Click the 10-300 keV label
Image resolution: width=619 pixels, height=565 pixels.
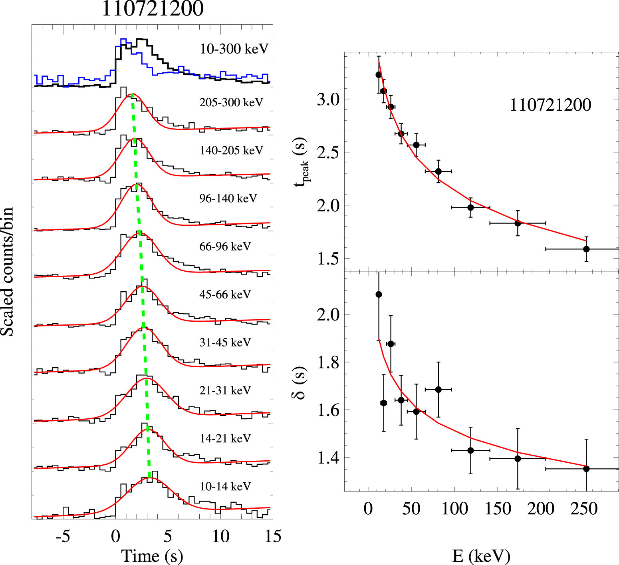[x=234, y=49]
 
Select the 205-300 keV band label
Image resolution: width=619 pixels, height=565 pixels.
[x=231, y=103]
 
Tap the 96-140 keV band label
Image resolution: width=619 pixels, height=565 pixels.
[x=228, y=199]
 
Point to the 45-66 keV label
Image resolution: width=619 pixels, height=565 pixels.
[x=225, y=294]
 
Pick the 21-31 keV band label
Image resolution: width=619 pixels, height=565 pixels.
[x=225, y=390]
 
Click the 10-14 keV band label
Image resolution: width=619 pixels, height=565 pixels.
[x=225, y=486]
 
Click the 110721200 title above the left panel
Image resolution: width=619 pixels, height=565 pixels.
[x=153, y=9]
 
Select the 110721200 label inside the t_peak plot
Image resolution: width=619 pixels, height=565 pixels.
[x=550, y=105]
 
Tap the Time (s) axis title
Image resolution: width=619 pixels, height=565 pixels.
[x=152, y=556]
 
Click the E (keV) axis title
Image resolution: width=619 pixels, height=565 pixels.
[x=481, y=556]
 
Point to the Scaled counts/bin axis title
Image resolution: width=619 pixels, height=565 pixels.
[x=7, y=272]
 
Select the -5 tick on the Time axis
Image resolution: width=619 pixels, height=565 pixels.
[x=63, y=536]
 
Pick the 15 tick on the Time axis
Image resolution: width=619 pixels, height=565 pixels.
[x=273, y=536]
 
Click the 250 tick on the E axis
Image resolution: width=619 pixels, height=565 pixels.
[x=584, y=509]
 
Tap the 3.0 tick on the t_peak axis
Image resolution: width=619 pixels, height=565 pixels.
[x=328, y=99]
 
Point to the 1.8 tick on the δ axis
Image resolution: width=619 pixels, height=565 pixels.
[x=328, y=362]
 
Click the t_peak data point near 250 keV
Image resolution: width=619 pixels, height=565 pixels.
[x=586, y=249]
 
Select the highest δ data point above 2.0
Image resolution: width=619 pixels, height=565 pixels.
[x=379, y=294]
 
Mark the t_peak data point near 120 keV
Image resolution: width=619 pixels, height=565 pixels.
[x=470, y=207]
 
